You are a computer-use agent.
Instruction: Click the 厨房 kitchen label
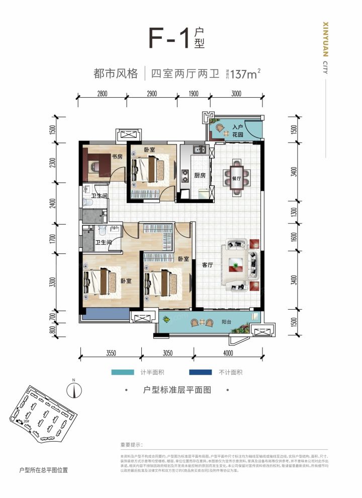(200, 175)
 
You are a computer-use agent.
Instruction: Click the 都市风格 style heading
(116, 74)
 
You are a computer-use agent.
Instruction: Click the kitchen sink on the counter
(200, 149)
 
